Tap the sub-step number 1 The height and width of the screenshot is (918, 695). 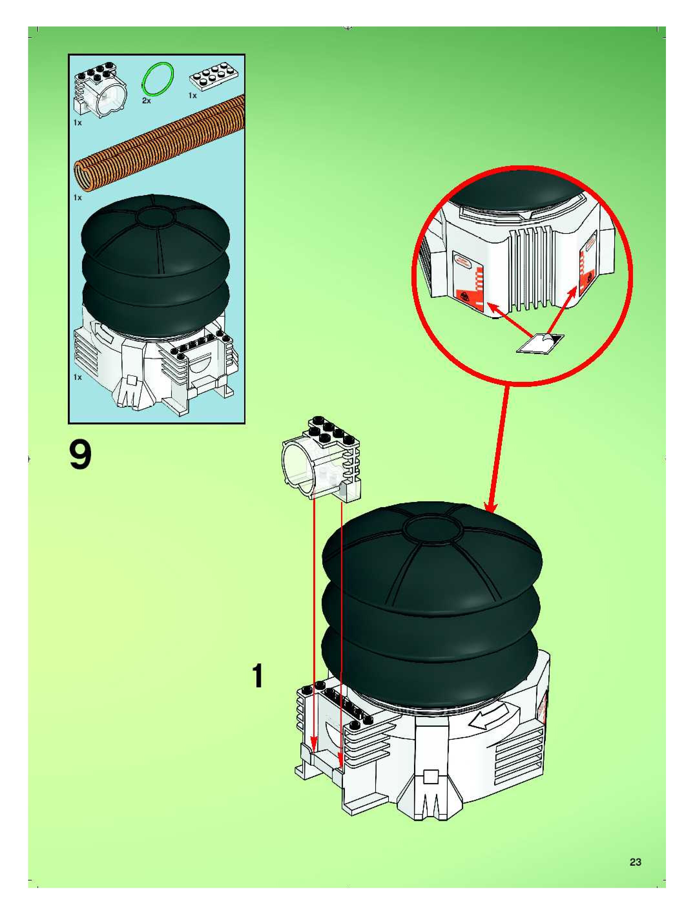pos(258,676)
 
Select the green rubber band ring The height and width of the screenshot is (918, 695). pos(158,78)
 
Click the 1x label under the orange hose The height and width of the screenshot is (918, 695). pos(78,198)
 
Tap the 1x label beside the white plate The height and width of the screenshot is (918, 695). pos(192,96)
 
